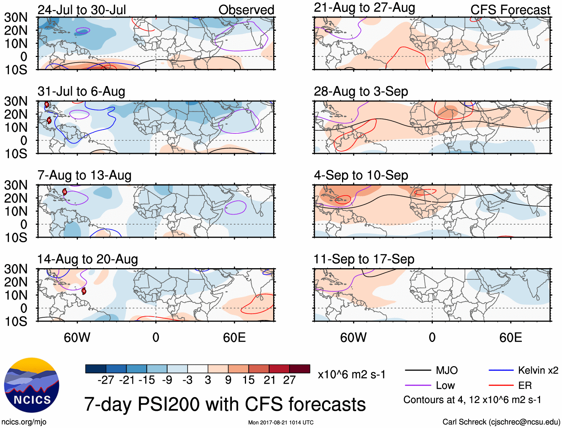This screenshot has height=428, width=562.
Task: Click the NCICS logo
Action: point(31,385)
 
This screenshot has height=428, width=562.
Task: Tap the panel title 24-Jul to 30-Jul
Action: point(82,10)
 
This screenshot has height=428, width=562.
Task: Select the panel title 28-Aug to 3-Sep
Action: point(361,91)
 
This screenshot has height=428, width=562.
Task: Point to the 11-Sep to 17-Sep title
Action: point(364,259)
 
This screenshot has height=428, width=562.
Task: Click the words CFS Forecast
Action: point(510,10)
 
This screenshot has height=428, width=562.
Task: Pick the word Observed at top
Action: point(246,10)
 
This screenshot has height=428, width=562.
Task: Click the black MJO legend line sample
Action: point(418,370)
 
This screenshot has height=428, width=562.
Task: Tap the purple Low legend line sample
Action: point(418,386)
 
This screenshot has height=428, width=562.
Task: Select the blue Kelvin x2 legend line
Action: point(501,370)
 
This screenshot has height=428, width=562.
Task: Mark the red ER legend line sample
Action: point(501,386)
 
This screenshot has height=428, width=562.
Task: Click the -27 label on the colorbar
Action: point(106,380)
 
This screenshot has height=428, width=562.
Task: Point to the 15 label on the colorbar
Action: point(248,380)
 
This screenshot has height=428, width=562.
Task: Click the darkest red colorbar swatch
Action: point(300,369)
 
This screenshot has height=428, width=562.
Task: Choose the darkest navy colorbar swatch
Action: point(96,369)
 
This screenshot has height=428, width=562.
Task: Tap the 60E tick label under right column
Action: point(510,337)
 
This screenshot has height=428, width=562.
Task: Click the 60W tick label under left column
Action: point(77,337)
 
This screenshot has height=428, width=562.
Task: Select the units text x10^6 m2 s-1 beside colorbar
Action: point(351,374)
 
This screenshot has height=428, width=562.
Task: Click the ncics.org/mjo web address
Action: point(24,422)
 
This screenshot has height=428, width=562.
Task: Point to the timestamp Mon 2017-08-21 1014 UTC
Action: point(281,422)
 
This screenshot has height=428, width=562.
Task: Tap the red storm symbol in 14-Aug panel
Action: point(84,291)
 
